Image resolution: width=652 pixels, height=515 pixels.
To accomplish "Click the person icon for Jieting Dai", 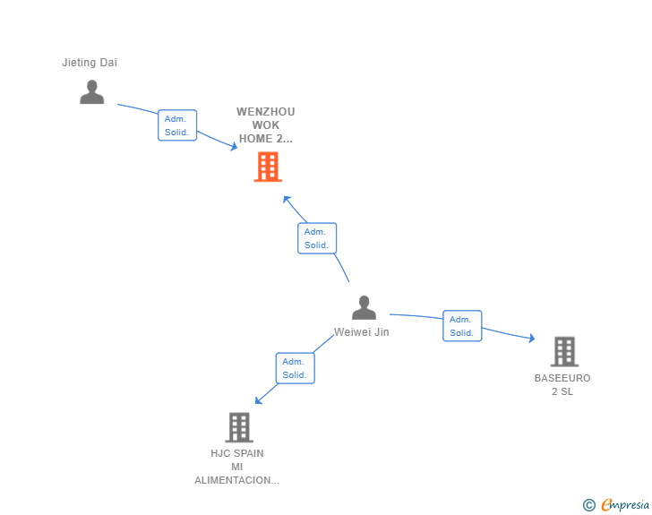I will [91, 91].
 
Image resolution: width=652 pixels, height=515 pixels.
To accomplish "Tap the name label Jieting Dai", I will [90, 63].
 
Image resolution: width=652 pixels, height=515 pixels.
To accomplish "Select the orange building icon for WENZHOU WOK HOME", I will [268, 167].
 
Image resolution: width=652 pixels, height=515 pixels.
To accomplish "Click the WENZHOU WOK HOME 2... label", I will [265, 125].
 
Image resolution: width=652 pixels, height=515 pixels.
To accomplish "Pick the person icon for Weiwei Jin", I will [364, 307].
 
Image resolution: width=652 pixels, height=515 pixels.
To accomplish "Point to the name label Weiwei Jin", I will [362, 332].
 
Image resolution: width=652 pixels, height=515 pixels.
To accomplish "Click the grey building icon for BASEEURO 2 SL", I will [564, 352].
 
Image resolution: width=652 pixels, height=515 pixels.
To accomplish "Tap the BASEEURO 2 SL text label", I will [562, 384].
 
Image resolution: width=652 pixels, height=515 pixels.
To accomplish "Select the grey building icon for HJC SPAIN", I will [239, 427].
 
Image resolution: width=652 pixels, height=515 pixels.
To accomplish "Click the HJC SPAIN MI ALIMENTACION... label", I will [237, 467].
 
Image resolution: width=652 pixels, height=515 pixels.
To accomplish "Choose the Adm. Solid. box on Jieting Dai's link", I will [176, 125].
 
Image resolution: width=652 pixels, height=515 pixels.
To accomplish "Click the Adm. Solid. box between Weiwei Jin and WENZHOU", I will [316, 238].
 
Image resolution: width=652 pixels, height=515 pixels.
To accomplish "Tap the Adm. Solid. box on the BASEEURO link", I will [462, 326].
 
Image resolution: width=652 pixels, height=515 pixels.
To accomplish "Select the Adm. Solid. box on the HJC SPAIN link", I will [295, 368].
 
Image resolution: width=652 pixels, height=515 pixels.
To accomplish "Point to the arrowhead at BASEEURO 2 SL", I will [531, 339].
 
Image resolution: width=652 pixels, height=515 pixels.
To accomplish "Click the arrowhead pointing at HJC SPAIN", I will [259, 400].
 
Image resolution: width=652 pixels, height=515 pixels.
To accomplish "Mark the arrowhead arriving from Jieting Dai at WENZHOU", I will [234, 147].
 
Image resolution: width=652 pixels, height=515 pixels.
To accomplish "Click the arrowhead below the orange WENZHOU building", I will [287, 199].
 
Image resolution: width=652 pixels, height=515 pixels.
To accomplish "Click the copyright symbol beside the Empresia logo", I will [588, 505].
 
